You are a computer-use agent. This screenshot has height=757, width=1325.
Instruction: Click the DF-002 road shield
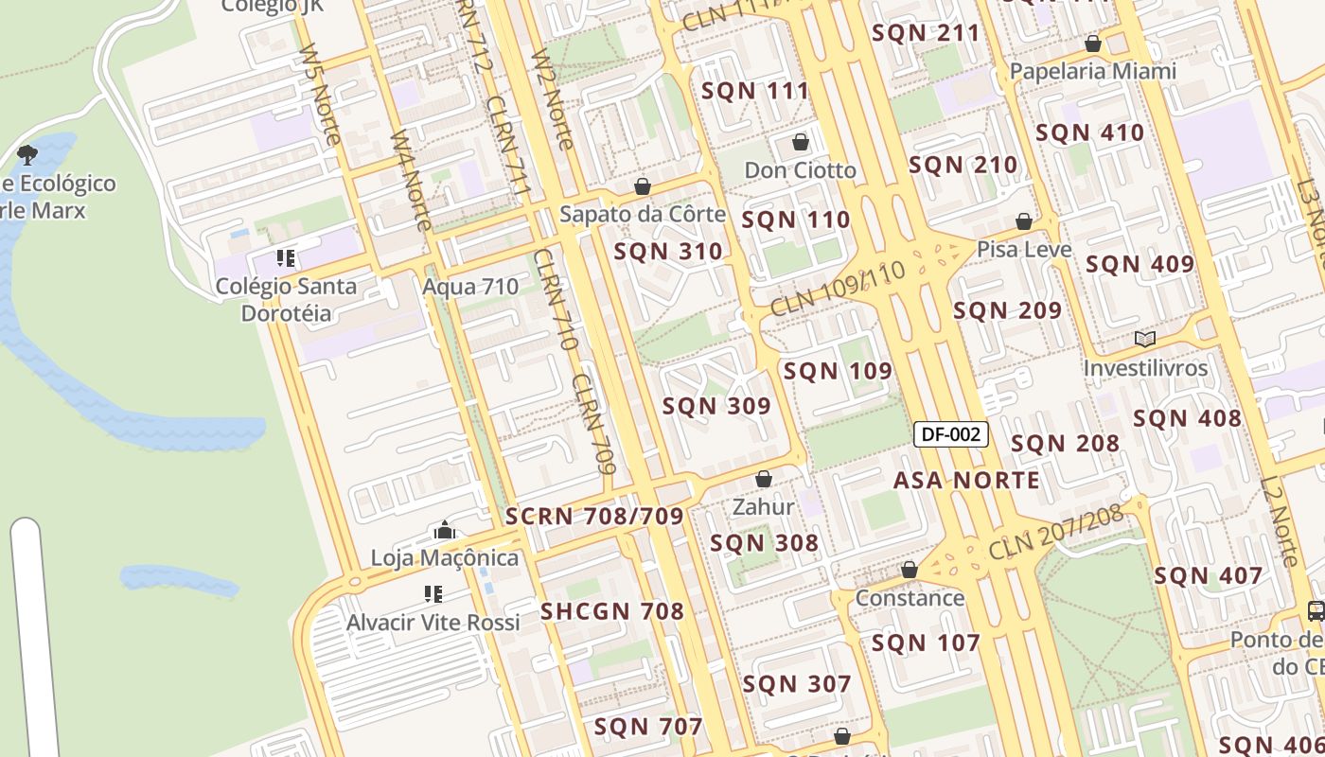click(x=951, y=434)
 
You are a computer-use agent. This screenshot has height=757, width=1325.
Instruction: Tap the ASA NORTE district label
click(x=966, y=480)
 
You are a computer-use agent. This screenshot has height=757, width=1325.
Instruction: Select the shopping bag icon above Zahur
click(x=764, y=479)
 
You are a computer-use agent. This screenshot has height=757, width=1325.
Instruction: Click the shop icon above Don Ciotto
click(x=801, y=142)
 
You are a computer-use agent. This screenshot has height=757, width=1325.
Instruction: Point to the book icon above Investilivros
click(x=1145, y=339)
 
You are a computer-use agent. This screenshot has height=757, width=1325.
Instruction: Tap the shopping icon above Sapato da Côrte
click(x=643, y=186)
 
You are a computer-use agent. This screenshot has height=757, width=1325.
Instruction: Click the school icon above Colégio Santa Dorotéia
click(x=286, y=257)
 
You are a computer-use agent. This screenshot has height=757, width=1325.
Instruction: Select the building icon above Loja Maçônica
click(x=445, y=530)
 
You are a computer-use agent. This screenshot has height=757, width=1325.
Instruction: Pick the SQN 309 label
click(x=716, y=406)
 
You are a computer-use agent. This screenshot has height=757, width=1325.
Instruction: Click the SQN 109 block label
click(x=838, y=371)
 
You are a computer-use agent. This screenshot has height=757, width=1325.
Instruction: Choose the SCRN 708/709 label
click(x=594, y=516)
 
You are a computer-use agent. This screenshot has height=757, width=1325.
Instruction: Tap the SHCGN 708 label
click(x=612, y=611)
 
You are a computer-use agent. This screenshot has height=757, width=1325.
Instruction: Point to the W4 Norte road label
click(x=411, y=180)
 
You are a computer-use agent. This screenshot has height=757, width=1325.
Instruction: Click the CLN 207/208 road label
click(x=1056, y=531)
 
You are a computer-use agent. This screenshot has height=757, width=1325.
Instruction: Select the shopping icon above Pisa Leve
click(x=1023, y=221)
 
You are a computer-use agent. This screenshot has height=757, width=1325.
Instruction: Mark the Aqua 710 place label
click(x=470, y=286)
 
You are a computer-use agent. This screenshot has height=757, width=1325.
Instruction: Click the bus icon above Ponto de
click(x=1316, y=610)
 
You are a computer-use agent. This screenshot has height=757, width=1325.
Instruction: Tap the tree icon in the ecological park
click(x=27, y=153)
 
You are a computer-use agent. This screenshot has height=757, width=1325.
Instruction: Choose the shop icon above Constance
click(x=910, y=570)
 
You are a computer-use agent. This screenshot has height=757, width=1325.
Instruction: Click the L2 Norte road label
click(x=1278, y=521)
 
